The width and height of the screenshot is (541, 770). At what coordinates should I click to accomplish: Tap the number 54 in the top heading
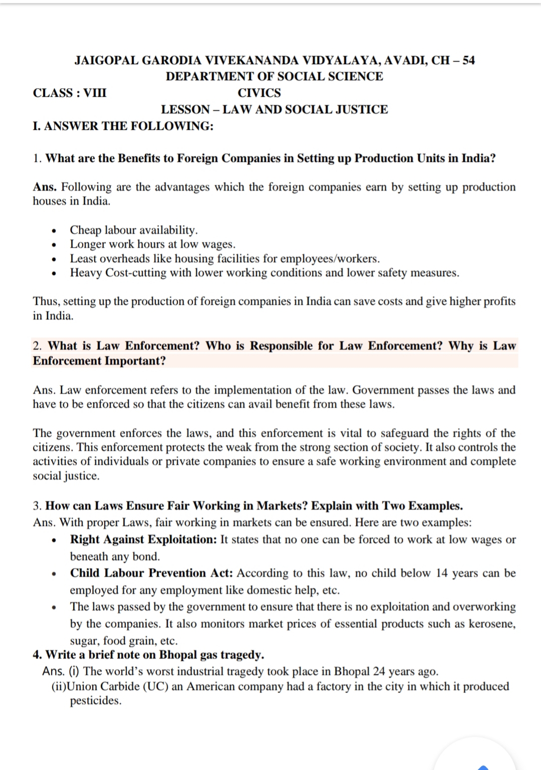468,61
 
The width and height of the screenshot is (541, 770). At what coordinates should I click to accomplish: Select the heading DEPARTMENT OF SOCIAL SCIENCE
274,77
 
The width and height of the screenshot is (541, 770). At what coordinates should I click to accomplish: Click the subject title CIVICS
259,93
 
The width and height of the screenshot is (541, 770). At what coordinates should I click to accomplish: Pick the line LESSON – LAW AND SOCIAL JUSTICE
274,110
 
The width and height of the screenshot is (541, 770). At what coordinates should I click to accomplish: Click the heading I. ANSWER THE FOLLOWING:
123,126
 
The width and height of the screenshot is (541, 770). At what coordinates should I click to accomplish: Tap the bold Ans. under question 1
45,187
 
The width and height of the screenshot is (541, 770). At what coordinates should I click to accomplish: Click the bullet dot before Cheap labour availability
54,232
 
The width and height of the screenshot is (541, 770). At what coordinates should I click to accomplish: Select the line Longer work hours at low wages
152,245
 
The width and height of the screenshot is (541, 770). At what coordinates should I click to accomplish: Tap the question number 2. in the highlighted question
38,346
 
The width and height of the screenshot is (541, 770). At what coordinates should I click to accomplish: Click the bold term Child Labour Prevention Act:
152,573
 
